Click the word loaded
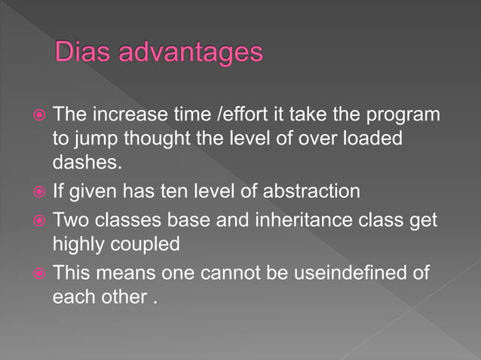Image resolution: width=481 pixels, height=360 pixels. (x=375, y=140)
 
